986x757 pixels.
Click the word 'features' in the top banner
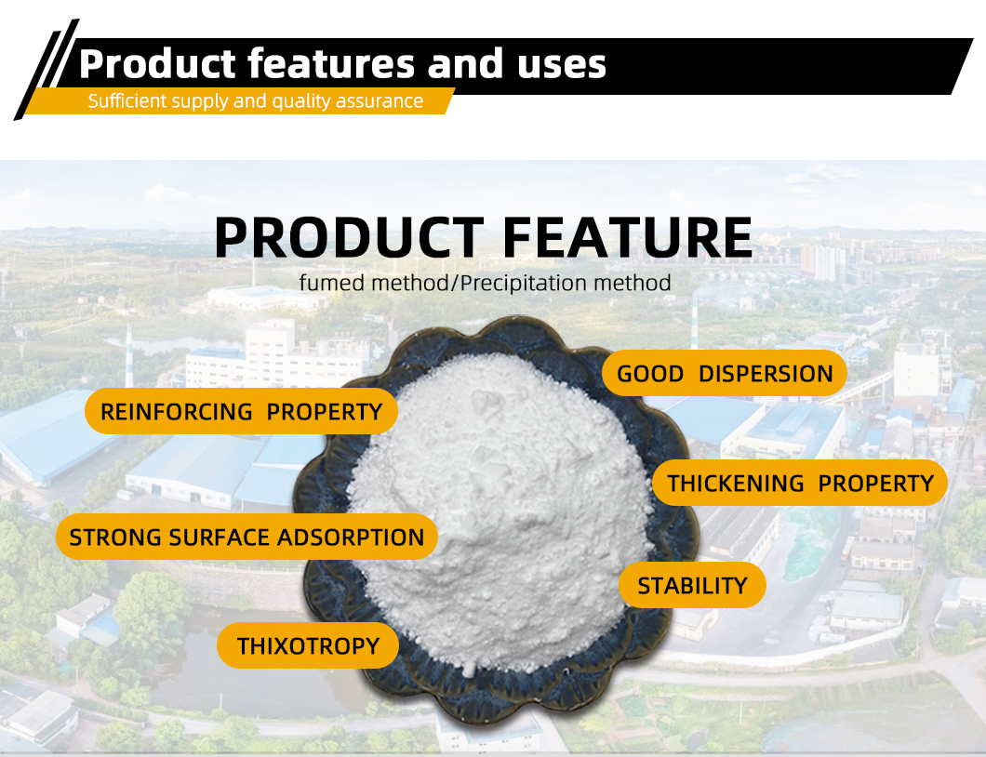[331, 63]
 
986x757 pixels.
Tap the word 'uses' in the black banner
[562, 65]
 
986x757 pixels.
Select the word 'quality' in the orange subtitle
[300, 101]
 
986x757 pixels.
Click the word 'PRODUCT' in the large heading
[350, 237]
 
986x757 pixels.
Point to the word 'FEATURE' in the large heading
[628, 237]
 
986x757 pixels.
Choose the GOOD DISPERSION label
[725, 374]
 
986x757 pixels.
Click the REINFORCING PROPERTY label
[242, 411]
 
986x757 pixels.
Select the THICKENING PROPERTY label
[800, 483]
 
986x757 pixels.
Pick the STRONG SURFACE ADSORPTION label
[246, 537]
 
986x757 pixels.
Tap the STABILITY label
[692, 585]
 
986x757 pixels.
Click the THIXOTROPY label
[308, 645]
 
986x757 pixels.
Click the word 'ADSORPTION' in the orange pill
[351, 538]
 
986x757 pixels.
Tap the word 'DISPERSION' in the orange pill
[766, 374]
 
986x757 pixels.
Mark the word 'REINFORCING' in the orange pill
[176, 412]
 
